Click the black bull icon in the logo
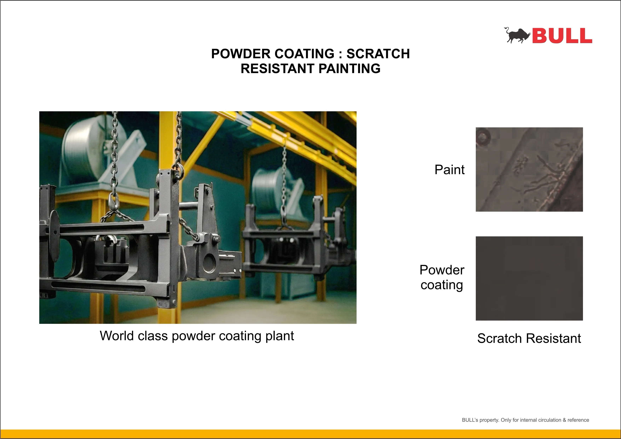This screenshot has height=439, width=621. click(x=517, y=35)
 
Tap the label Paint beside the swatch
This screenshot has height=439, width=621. click(x=449, y=170)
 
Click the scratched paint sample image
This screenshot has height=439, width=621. click(x=529, y=169)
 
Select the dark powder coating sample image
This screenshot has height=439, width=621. click(x=529, y=278)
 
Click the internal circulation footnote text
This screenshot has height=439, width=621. click(x=525, y=420)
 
